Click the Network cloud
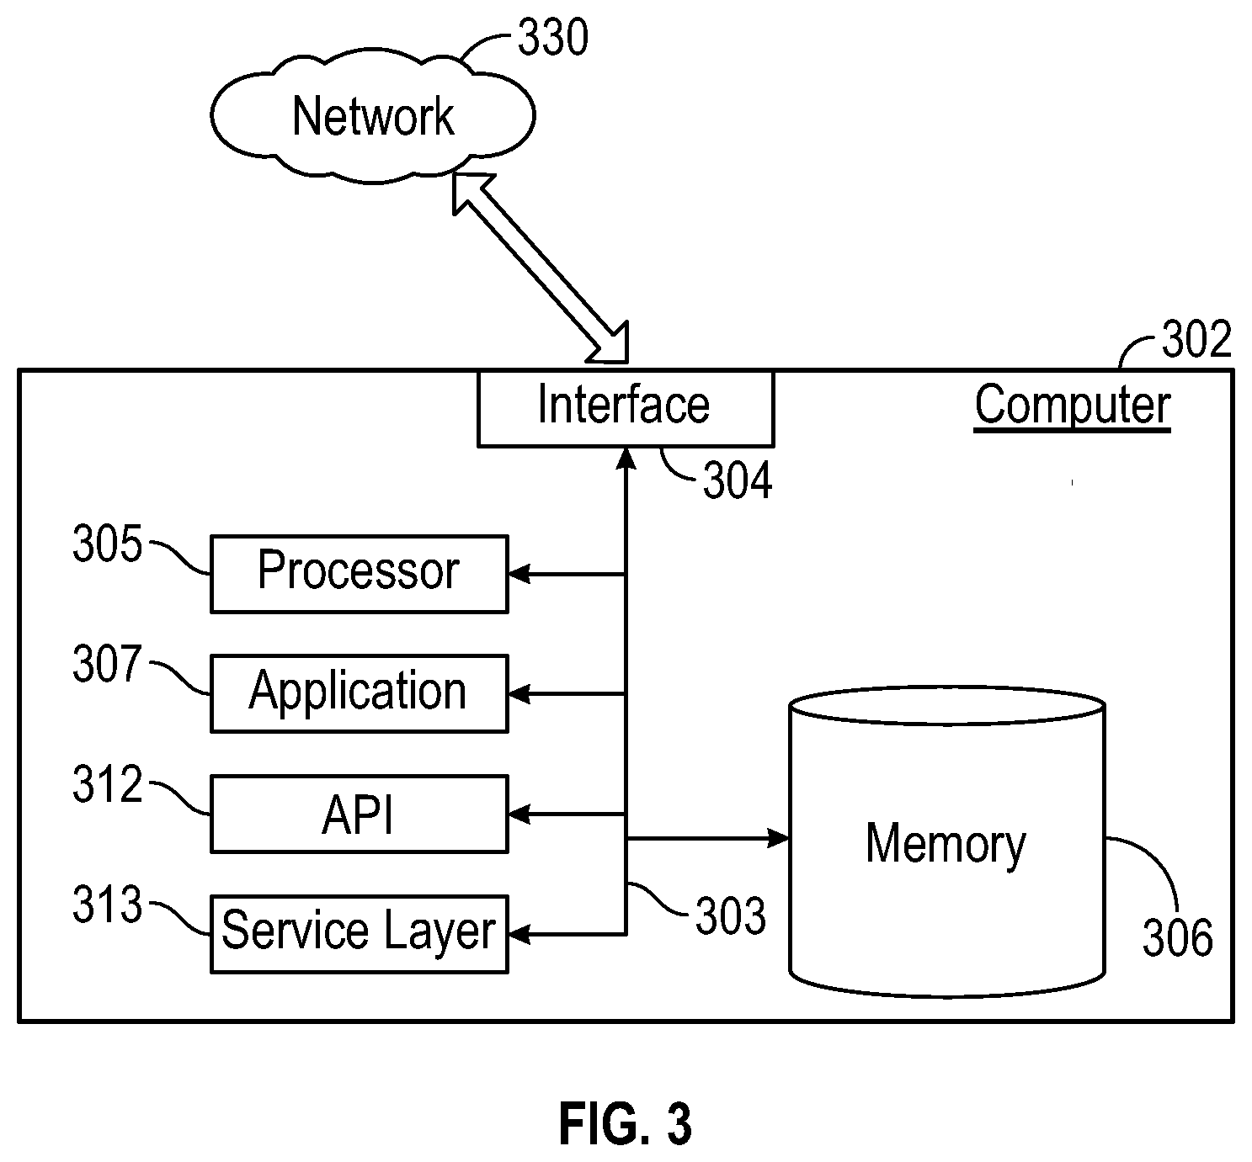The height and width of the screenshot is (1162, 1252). [x=373, y=116]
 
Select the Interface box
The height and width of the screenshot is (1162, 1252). [x=626, y=408]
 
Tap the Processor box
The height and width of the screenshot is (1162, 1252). [x=360, y=574]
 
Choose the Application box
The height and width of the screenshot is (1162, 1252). [x=360, y=694]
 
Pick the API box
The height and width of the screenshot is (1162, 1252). [x=360, y=814]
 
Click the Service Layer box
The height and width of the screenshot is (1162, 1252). [x=360, y=935]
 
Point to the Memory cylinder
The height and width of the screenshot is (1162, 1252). [x=947, y=842]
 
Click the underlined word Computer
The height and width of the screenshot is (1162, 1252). [x=1073, y=406]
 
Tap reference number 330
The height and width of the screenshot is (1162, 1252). [x=553, y=37]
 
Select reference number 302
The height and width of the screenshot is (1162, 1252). [x=1196, y=339]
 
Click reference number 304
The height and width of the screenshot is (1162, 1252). [x=738, y=480]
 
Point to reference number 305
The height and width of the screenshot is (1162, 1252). [x=107, y=544]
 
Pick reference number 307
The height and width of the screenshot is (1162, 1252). [x=107, y=664]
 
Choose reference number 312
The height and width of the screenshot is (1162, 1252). [x=107, y=784]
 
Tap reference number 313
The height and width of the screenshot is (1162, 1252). [x=107, y=905]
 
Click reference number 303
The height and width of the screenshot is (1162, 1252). [x=731, y=915]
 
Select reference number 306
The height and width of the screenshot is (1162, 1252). [x=1178, y=937]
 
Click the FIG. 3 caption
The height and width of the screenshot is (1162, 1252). [x=626, y=1124]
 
